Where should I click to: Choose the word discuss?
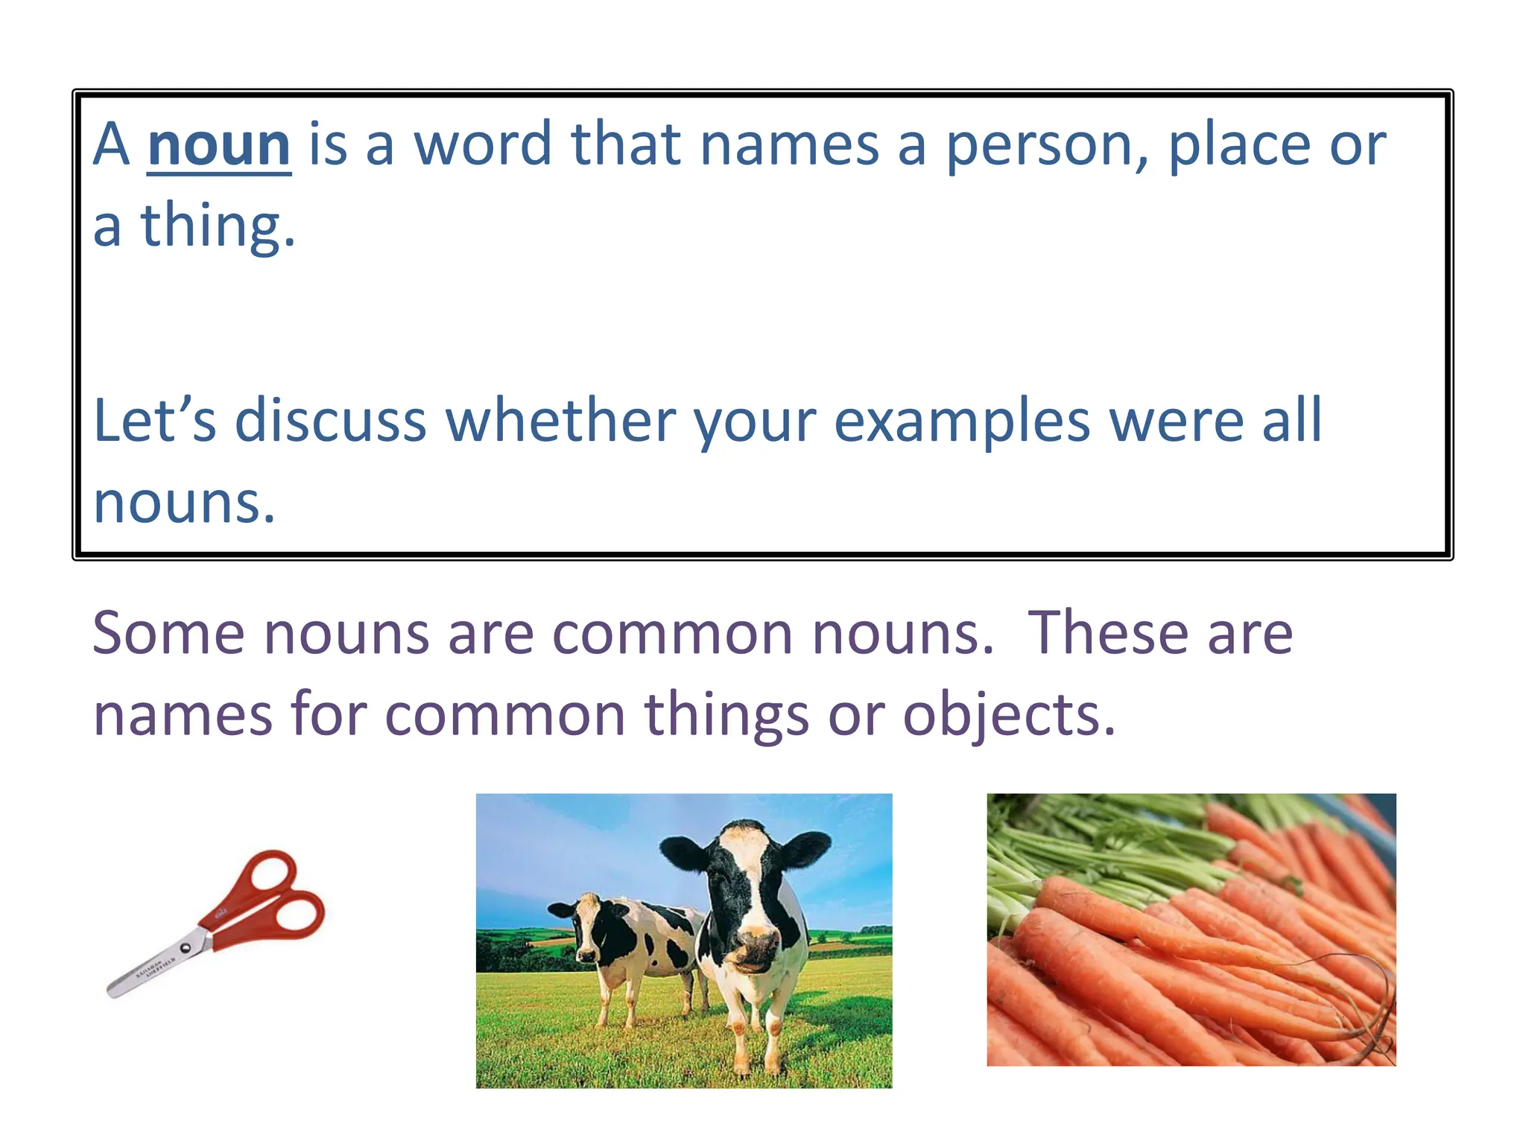click(330, 421)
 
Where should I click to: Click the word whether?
click(560, 421)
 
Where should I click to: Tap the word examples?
click(962, 421)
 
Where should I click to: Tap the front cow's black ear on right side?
click(805, 849)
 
